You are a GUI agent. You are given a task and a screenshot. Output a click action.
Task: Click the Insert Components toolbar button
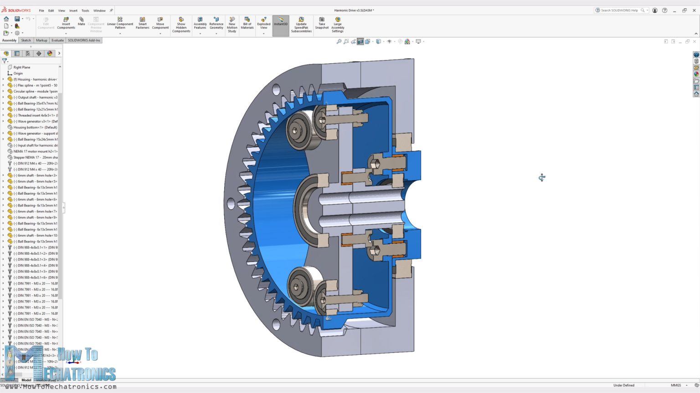click(66, 23)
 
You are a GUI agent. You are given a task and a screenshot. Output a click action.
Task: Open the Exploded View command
click(263, 23)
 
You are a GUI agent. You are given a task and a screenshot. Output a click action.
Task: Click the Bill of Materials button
click(247, 23)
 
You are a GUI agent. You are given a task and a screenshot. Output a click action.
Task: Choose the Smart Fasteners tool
click(142, 23)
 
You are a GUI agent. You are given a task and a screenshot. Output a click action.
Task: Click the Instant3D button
click(281, 21)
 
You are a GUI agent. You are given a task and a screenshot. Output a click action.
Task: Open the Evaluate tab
click(57, 40)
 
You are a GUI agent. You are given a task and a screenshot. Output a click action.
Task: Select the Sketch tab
click(26, 40)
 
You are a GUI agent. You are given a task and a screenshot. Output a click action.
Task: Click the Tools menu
click(85, 10)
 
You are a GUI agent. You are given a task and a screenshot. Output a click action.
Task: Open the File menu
click(41, 10)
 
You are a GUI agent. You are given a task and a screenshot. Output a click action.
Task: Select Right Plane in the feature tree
click(21, 67)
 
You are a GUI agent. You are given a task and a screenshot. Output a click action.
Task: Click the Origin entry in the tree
click(18, 73)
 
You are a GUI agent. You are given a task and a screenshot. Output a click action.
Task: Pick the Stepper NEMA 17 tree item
click(35, 157)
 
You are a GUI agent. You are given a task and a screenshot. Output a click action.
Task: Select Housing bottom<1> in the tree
click(35, 127)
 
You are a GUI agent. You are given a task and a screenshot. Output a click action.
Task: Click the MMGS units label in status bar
click(675, 385)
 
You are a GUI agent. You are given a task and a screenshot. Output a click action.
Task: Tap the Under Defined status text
click(623, 385)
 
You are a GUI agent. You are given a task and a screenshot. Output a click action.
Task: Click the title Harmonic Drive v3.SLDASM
click(354, 10)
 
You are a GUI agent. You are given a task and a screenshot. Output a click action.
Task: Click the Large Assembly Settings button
click(338, 25)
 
